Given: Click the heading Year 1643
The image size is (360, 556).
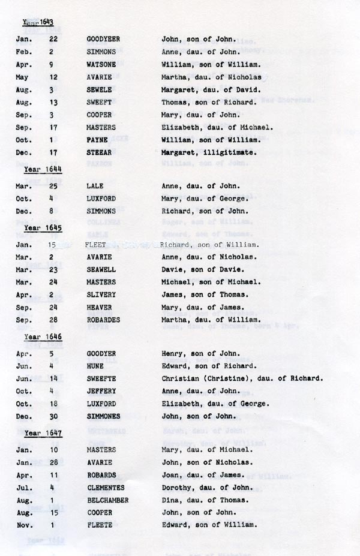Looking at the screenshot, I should [38, 23].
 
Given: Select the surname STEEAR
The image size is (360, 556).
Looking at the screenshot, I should [100, 153].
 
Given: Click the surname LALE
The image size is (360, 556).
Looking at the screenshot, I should [95, 186].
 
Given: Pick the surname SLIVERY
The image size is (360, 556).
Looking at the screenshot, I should [101, 294].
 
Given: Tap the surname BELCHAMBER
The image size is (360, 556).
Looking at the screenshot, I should [107, 500].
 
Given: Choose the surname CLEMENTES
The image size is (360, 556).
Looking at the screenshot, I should [106, 487].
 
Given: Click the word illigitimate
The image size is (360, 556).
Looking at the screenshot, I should [231, 153].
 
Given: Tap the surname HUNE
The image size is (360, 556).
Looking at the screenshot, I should [95, 366].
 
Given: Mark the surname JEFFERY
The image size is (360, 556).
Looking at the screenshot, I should [101, 391].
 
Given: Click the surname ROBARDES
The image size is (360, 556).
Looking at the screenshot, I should [103, 320].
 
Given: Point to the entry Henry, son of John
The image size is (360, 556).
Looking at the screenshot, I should [200, 353].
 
